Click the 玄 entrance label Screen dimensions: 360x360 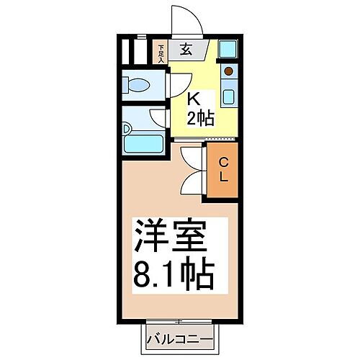185,50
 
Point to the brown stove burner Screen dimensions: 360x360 228,72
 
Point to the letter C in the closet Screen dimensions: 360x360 224,162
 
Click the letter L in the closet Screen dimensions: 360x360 224,177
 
